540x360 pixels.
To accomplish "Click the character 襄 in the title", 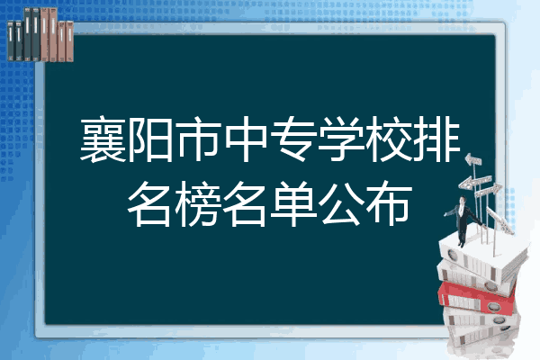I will click(101, 141).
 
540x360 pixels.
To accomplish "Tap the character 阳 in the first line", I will click(153, 141).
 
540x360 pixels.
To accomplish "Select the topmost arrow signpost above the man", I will click(474, 162).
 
